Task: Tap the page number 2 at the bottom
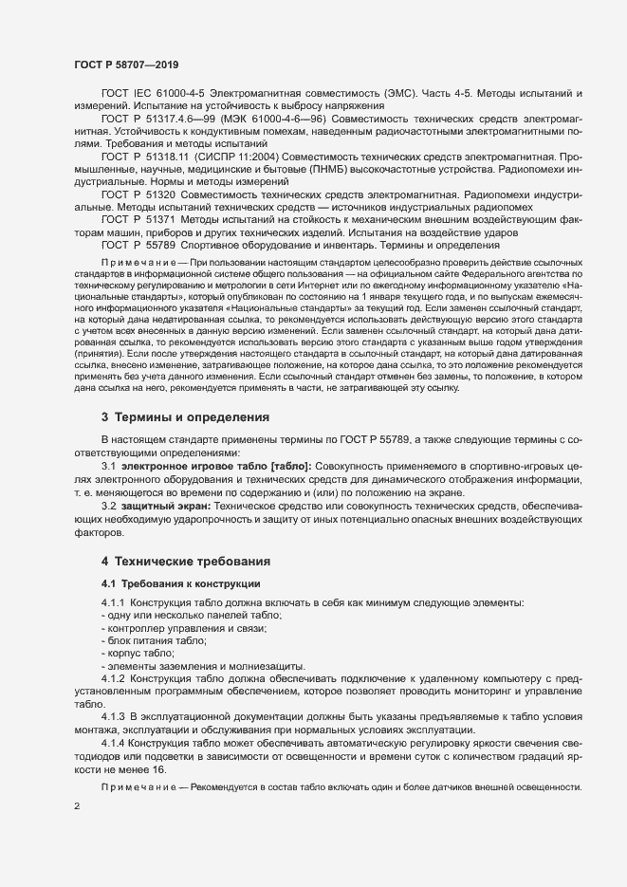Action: tap(77, 806)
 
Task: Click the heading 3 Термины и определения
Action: tap(185, 416)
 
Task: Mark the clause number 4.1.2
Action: tap(113, 679)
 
